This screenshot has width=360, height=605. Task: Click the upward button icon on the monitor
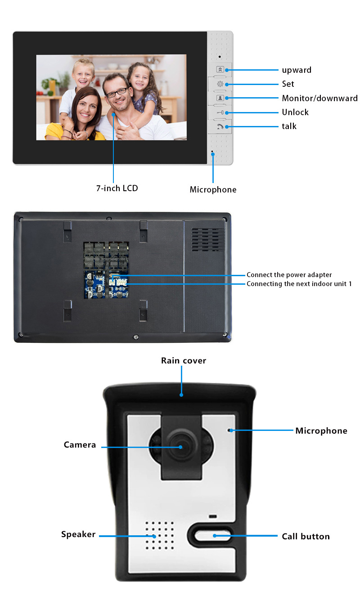pyautogui.click(x=220, y=69)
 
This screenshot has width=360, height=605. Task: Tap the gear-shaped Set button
pyautogui.click(x=220, y=84)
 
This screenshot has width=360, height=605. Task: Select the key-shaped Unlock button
pyautogui.click(x=220, y=112)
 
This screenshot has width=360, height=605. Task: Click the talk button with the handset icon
pyautogui.click(x=220, y=126)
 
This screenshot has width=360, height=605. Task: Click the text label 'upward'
pyautogui.click(x=297, y=70)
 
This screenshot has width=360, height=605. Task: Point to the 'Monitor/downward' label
pyautogui.click(x=320, y=98)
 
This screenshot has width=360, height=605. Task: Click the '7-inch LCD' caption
pyautogui.click(x=117, y=188)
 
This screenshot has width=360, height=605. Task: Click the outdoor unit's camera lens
pyautogui.click(x=180, y=447)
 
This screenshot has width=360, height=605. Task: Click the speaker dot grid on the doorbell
pyautogui.click(x=160, y=536)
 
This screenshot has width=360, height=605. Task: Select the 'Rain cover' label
pyautogui.click(x=184, y=361)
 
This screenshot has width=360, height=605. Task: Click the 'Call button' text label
pyautogui.click(x=306, y=536)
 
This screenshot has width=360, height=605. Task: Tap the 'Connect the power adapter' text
pyautogui.click(x=289, y=275)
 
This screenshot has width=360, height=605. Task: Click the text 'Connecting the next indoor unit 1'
pyautogui.click(x=299, y=284)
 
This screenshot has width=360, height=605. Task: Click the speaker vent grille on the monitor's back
pyautogui.click(x=208, y=240)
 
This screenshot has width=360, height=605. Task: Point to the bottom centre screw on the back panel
pyautogui.click(x=136, y=337)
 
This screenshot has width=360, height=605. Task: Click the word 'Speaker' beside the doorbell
pyautogui.click(x=78, y=534)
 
